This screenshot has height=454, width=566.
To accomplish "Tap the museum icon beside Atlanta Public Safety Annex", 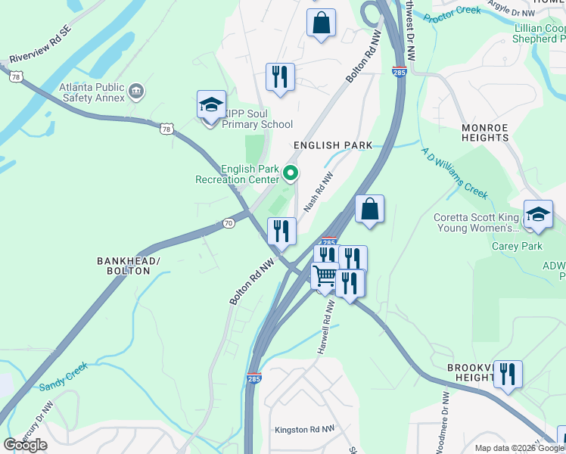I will click(x=137, y=92).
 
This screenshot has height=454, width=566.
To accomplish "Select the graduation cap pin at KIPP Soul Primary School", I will click(x=211, y=107).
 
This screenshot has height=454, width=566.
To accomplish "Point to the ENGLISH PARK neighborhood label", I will click(x=333, y=145).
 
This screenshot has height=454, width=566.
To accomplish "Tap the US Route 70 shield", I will click(x=229, y=223).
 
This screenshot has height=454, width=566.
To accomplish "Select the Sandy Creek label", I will click(x=64, y=376).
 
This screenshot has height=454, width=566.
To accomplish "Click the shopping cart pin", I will click(x=325, y=277).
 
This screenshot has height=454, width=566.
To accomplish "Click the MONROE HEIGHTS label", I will click(x=496, y=133).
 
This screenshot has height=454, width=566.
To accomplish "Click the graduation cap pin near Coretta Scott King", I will click(x=538, y=215).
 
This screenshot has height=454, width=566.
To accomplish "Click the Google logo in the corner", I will click(x=26, y=444).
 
